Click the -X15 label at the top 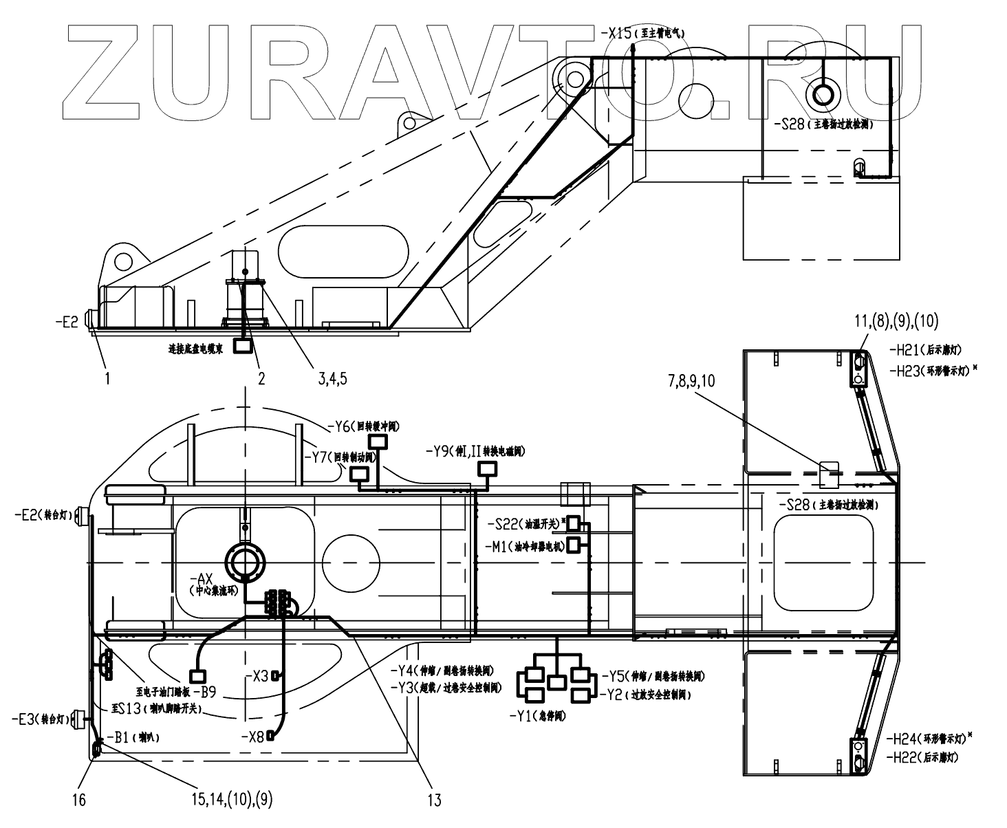(616, 32)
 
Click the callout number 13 (434, 800)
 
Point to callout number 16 (80, 800)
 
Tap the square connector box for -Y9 (487, 470)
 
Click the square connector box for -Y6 (378, 442)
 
